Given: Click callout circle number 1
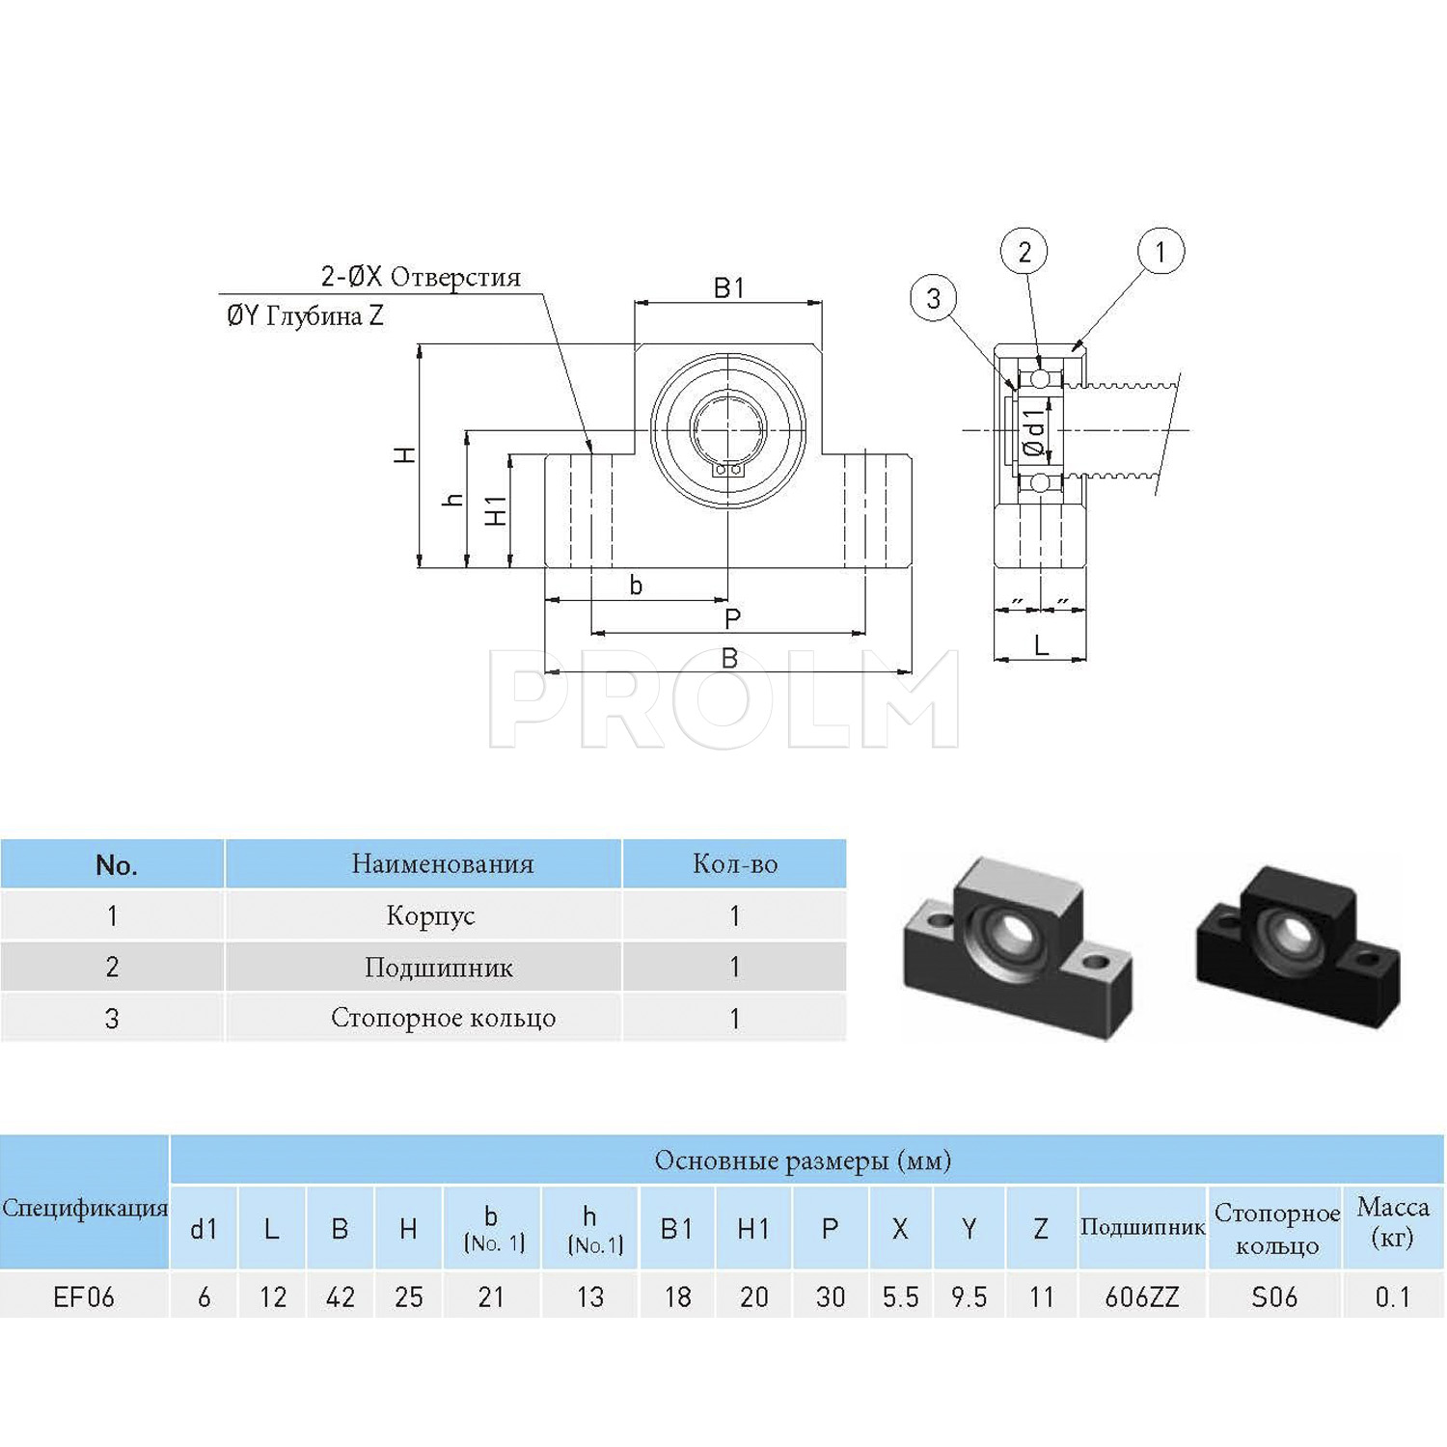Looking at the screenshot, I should tap(1160, 252).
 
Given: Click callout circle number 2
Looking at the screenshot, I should tap(1024, 252).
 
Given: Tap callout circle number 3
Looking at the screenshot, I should tap(933, 299).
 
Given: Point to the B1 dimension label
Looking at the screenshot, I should tap(729, 288).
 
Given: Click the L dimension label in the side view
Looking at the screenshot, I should tap(1041, 645).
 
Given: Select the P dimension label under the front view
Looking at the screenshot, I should tap(732, 618).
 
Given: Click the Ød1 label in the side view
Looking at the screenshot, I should tap(1033, 433).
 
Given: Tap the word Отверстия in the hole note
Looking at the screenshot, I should tap(455, 278).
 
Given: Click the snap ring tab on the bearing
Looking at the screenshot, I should tap(728, 470).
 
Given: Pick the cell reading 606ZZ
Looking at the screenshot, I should tap(1142, 1297).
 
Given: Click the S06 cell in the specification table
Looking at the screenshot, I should tap(1274, 1297).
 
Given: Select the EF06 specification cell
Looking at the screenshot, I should tap(84, 1297).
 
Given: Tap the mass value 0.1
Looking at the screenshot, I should tap(1392, 1297).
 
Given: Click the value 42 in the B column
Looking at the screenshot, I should tap(340, 1297).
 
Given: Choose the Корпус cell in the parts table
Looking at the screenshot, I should tap(430, 915).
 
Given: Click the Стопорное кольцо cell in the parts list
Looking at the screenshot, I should tap(443, 1018).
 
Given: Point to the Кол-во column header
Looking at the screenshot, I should tap(735, 864).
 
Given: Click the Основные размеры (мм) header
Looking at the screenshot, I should tap(803, 1160).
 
